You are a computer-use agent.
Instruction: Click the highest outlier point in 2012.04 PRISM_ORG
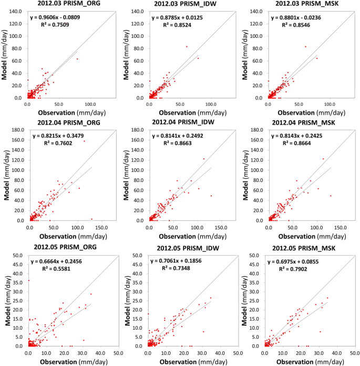tap(84, 141)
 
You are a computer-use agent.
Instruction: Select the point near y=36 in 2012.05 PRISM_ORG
tap(28, 280)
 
